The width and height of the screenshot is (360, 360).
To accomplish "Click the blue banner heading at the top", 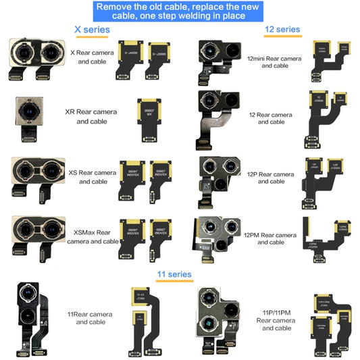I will (x=180, y=11).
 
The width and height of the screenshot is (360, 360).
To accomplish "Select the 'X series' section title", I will (x=91, y=30).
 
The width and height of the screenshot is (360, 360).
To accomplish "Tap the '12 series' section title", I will (x=283, y=29).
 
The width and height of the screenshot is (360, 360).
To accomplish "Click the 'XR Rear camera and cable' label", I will (x=91, y=117).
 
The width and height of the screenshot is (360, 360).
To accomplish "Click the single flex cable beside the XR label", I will (x=147, y=117).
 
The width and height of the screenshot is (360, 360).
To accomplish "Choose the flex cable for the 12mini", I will (x=328, y=61).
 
